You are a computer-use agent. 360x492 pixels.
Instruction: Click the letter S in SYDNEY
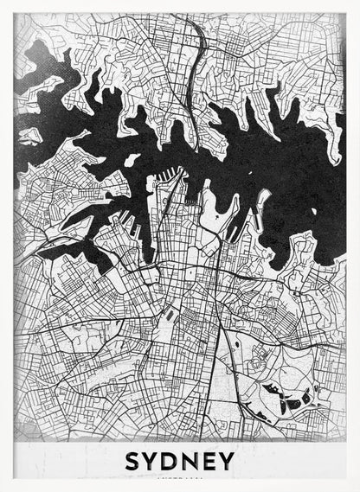tap(133, 460)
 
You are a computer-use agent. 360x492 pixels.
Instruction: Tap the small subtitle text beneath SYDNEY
tap(180, 476)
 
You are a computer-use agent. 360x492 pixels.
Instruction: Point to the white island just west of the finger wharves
tap(132, 160)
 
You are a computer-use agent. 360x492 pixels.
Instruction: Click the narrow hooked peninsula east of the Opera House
tap(260, 204)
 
